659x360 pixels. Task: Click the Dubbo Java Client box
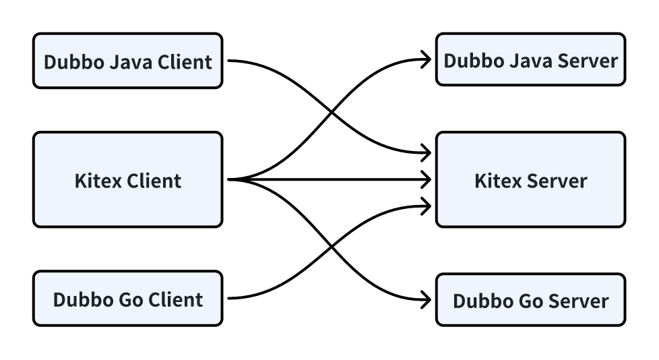coord(127,61)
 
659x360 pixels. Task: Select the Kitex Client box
coord(127,180)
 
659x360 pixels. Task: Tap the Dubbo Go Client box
coord(127,299)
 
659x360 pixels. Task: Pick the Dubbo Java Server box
coord(530,60)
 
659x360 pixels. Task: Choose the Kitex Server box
coord(530,180)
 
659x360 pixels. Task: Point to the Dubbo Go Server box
coord(530,300)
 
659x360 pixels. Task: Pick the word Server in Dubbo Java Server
coord(588,61)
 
